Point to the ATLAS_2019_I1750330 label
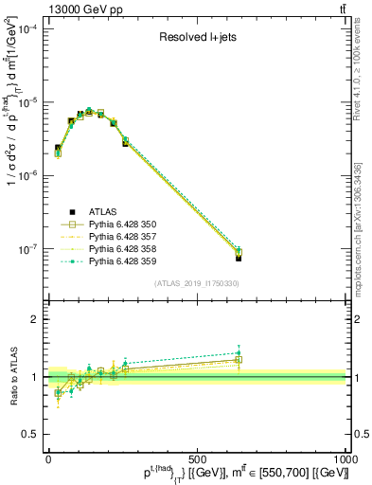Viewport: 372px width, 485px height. pos(196,283)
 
